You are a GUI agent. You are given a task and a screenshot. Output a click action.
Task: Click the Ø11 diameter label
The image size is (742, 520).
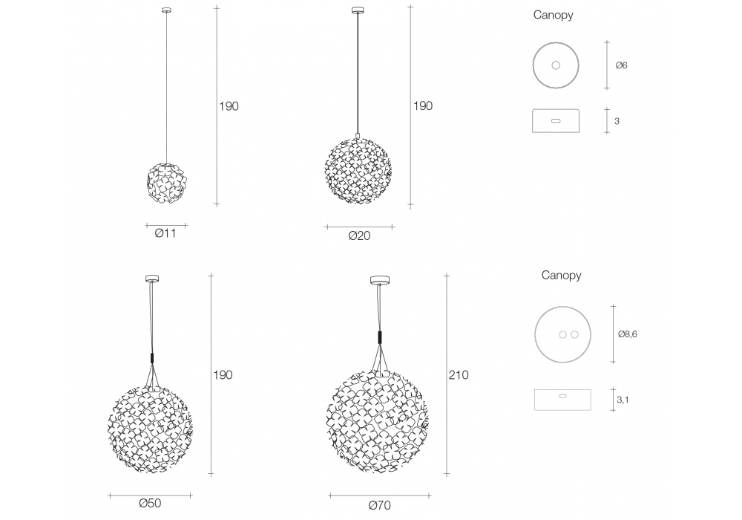pyautogui.click(x=165, y=233)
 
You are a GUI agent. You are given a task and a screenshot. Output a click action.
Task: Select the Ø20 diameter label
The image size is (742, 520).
pyautogui.click(x=359, y=235)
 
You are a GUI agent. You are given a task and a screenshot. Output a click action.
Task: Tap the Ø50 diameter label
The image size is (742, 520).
pyautogui.click(x=150, y=503)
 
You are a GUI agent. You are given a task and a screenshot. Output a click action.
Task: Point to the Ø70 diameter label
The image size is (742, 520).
pyautogui.click(x=379, y=505)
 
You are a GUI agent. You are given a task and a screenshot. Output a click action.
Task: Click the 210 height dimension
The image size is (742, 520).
pyautogui.click(x=459, y=375)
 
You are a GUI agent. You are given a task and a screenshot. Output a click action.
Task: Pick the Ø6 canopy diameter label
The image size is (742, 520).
pyautogui.click(x=621, y=65)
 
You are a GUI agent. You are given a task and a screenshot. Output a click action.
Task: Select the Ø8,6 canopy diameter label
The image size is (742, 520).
pyautogui.click(x=628, y=334)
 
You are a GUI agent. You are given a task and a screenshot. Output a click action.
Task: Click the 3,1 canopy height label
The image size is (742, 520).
pyautogui.click(x=623, y=400)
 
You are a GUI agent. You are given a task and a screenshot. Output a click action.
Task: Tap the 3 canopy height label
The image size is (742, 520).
pyautogui.click(x=617, y=121)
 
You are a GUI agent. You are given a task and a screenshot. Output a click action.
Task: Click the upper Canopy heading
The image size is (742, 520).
pyautogui.click(x=554, y=15)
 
